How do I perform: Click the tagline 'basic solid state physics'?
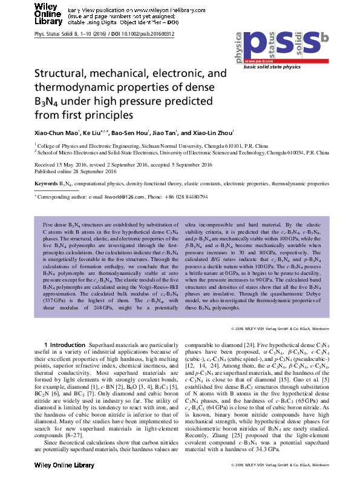272,67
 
